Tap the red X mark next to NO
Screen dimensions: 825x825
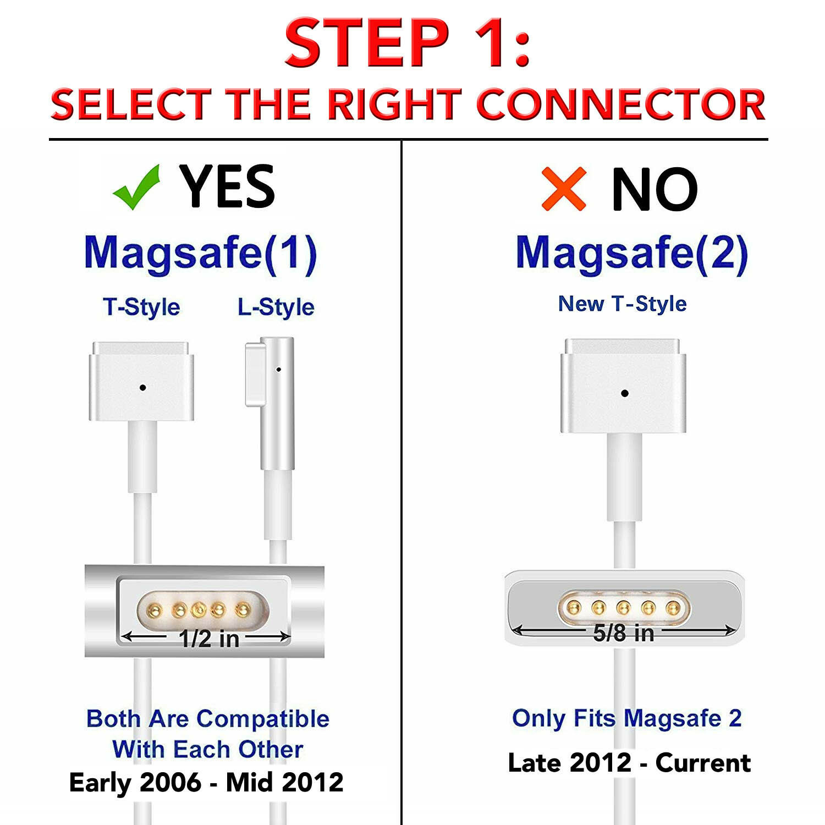[564, 189]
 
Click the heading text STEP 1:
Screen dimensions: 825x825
[408, 43]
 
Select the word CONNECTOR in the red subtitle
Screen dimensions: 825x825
[621, 104]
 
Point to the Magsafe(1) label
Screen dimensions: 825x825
[201, 253]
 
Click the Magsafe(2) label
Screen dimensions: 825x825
[632, 253]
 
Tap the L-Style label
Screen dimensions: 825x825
[276, 307]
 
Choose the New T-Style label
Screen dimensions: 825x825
[622, 304]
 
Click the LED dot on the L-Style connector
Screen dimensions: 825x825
[278, 370]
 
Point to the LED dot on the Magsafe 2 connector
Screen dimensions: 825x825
[624, 393]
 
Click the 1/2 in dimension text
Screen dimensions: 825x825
[209, 639]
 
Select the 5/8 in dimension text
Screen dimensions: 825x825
[624, 633]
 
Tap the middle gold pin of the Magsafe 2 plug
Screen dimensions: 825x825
[623, 608]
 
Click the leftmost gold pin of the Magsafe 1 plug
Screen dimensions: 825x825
[155, 609]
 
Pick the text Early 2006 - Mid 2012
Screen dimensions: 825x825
[206, 782]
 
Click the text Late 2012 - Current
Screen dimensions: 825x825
[629, 763]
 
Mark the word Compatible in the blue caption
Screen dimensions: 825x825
[263, 719]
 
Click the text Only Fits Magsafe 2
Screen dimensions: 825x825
[627, 718]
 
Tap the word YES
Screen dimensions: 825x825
[227, 186]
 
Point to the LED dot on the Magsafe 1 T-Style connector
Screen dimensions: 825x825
[142, 388]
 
